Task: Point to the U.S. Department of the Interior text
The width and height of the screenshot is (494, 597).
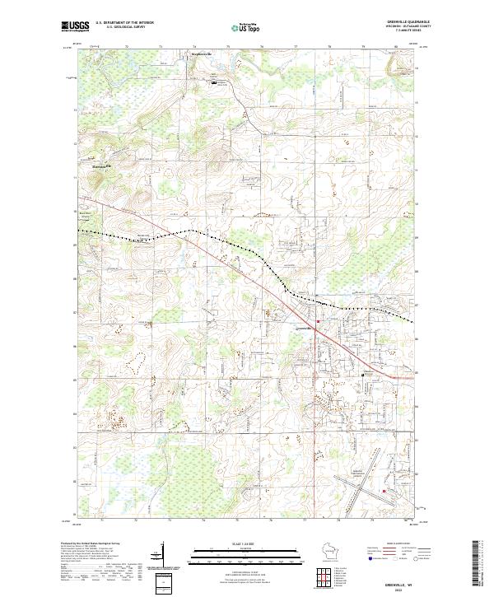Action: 124,22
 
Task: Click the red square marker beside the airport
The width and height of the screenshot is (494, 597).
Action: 384,492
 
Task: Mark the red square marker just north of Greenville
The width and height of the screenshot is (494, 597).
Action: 319,320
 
